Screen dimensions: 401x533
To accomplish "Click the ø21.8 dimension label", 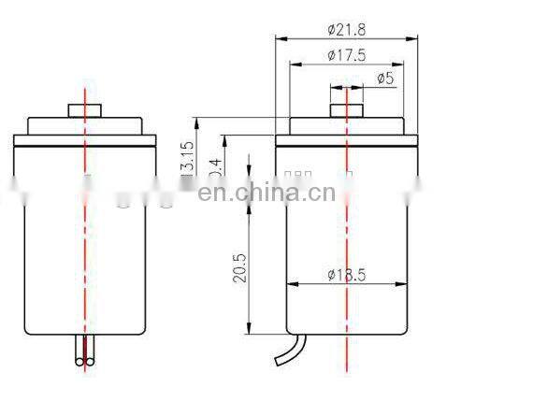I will [x=345, y=30].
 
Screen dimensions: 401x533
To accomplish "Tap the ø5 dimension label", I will [x=383, y=79].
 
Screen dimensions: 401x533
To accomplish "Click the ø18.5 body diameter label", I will [x=345, y=275].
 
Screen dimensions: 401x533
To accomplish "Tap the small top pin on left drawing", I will [x=85, y=111].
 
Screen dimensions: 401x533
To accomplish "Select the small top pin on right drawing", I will [x=346, y=111].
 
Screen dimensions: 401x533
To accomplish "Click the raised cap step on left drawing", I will [x=85, y=126].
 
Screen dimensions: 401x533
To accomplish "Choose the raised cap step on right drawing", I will [x=346, y=126].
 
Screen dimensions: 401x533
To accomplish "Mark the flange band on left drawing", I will [x=85, y=142].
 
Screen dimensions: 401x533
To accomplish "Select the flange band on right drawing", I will [x=346, y=142].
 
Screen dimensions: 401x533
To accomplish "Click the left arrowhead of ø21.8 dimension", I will [x=278, y=38].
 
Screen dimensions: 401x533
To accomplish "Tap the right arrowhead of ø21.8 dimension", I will [x=413, y=38].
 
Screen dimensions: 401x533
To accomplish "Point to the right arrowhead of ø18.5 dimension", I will [x=403, y=284].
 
